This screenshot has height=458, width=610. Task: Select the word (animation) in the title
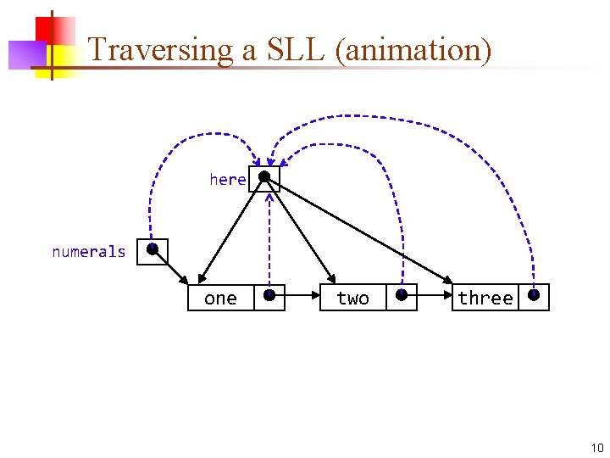coord(413,50)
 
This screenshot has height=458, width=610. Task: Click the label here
coord(228,179)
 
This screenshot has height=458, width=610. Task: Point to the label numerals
coord(88,252)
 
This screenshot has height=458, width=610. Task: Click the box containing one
coord(221,298)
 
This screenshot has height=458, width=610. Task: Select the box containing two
coord(353,298)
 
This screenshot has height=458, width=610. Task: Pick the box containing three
coord(485,298)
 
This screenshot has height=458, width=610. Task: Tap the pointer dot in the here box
coord(264,177)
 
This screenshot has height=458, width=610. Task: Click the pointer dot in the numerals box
coord(152,250)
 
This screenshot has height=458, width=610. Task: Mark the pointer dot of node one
coord(269,295)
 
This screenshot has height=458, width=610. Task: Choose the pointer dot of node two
coord(402,295)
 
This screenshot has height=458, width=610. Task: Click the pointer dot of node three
coord(534,295)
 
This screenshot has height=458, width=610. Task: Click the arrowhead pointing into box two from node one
coord(315,297)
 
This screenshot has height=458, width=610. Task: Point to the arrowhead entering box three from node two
coord(447,297)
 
